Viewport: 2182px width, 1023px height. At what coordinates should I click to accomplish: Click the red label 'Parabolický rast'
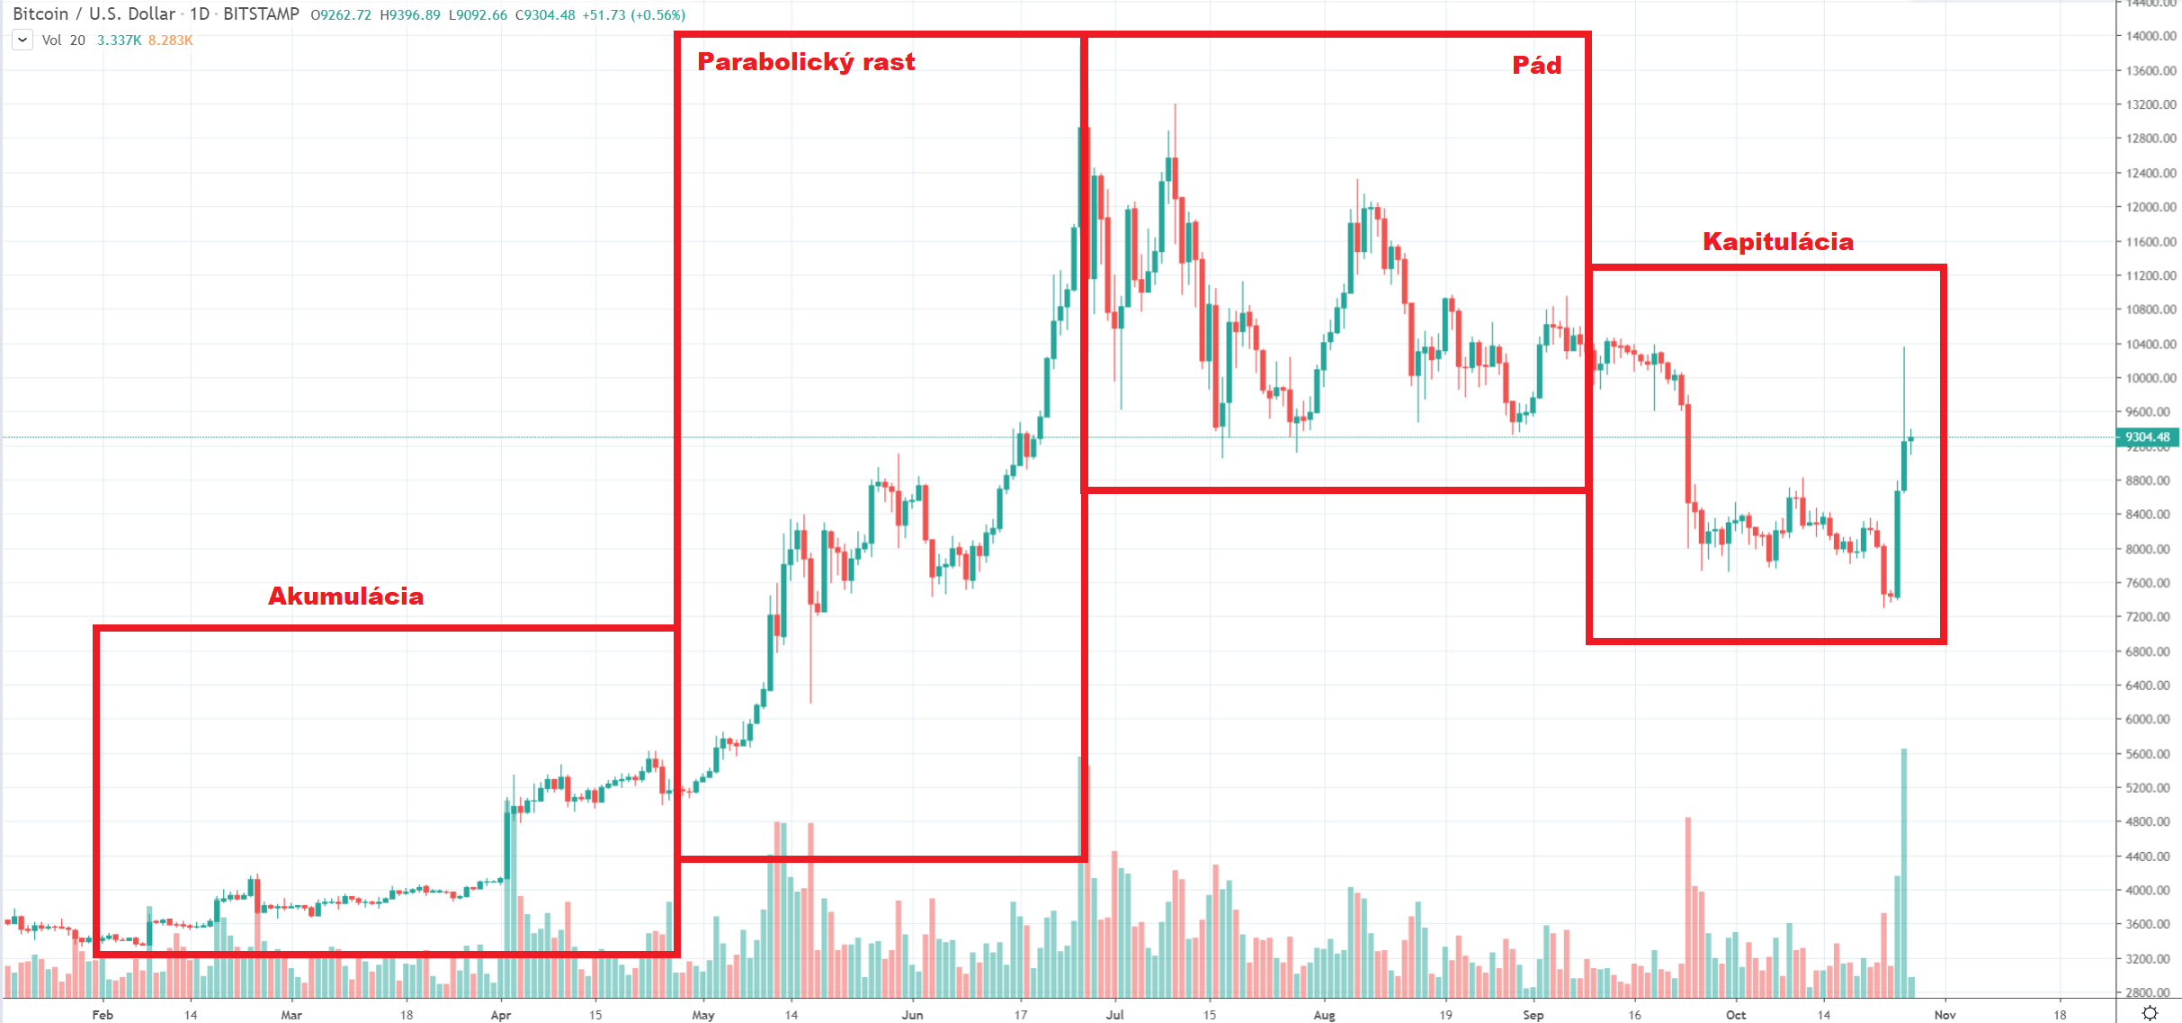pyautogui.click(x=806, y=62)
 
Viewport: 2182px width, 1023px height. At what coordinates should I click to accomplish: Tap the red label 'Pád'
pyautogui.click(x=1536, y=66)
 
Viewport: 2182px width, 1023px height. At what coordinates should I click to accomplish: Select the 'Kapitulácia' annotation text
pyautogui.click(x=1777, y=242)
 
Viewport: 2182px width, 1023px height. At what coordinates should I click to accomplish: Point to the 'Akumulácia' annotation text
pyautogui.click(x=345, y=597)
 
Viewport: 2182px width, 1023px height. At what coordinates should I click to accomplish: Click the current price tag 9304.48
pyautogui.click(x=2147, y=437)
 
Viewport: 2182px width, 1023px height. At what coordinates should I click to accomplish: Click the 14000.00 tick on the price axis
pyautogui.click(x=2151, y=36)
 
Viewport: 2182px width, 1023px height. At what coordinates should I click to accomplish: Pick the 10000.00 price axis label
pyautogui.click(x=2151, y=378)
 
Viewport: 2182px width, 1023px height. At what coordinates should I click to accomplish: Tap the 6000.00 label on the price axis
pyautogui.click(x=2151, y=720)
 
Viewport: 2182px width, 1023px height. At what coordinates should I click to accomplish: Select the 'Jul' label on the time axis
pyautogui.click(x=1114, y=1015)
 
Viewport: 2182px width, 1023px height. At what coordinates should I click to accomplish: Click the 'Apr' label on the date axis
pyautogui.click(x=501, y=1015)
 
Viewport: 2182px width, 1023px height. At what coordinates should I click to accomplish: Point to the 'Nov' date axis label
pyautogui.click(x=1945, y=1015)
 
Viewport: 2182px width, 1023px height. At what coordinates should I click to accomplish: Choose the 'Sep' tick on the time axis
pyautogui.click(x=1533, y=1015)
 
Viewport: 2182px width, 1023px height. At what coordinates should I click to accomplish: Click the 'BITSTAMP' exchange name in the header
pyautogui.click(x=261, y=14)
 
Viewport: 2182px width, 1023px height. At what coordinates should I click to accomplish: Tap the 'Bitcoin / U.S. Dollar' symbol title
pyautogui.click(x=94, y=14)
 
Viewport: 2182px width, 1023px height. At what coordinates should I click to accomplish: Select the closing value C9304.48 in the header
pyautogui.click(x=544, y=15)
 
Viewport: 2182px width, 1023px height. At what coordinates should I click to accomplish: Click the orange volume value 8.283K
pyautogui.click(x=170, y=40)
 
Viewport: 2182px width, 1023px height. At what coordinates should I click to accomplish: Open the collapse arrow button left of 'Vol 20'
pyautogui.click(x=22, y=40)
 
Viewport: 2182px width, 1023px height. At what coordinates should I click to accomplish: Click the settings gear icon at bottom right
pyautogui.click(x=2150, y=1013)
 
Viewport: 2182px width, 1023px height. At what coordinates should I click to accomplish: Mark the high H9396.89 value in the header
pyautogui.click(x=410, y=15)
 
